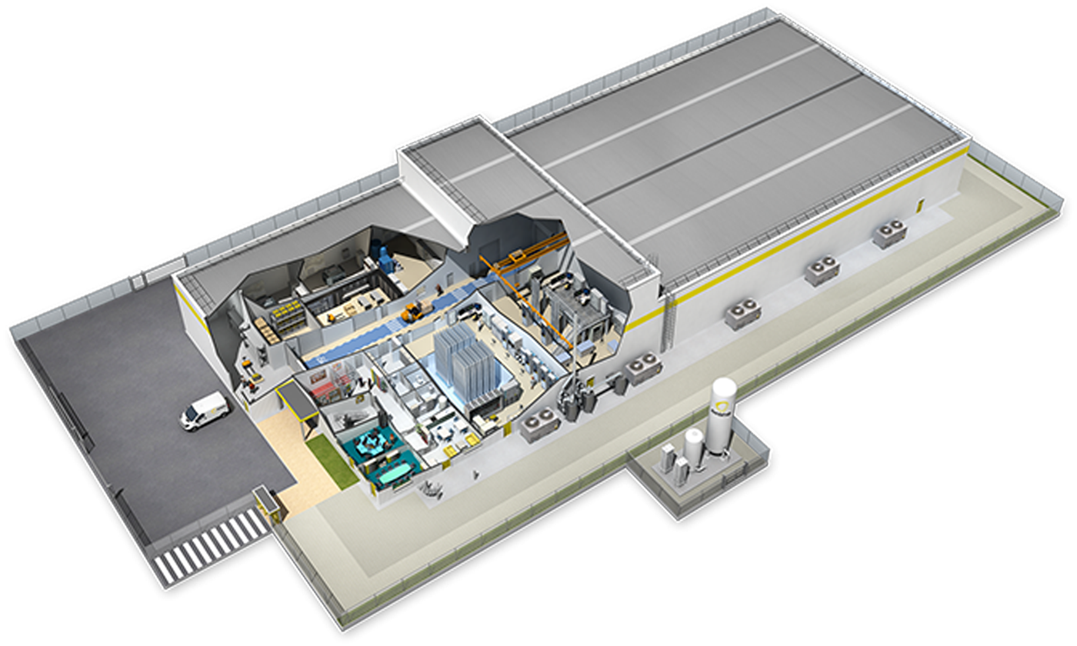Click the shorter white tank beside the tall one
coord(694,448)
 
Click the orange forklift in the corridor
coord(414,311)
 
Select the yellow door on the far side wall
coord(918,205)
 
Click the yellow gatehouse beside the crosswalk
coord(266,500)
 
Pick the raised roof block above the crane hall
coord(454,177)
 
